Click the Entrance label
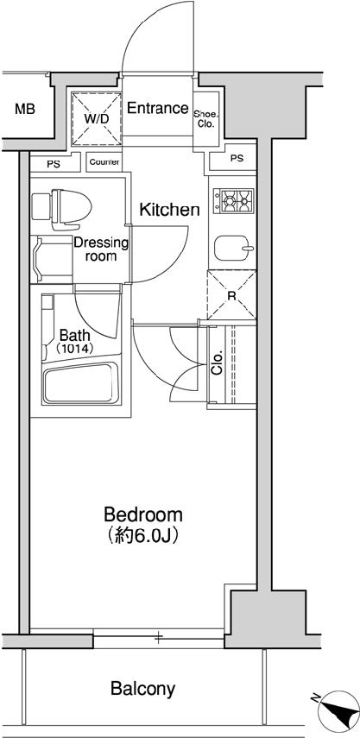pos(157,109)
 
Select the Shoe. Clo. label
pos(205,118)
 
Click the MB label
pos(25,110)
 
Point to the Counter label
pos(104,162)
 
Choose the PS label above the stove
pos(237,159)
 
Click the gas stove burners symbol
pos(235,202)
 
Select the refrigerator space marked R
pos(231,295)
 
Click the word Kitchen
pos(170,210)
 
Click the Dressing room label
pos(100,249)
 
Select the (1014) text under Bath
pos(76,349)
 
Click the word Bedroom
pos(143,515)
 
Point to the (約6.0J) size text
pos(143,536)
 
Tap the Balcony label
pos(143,689)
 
